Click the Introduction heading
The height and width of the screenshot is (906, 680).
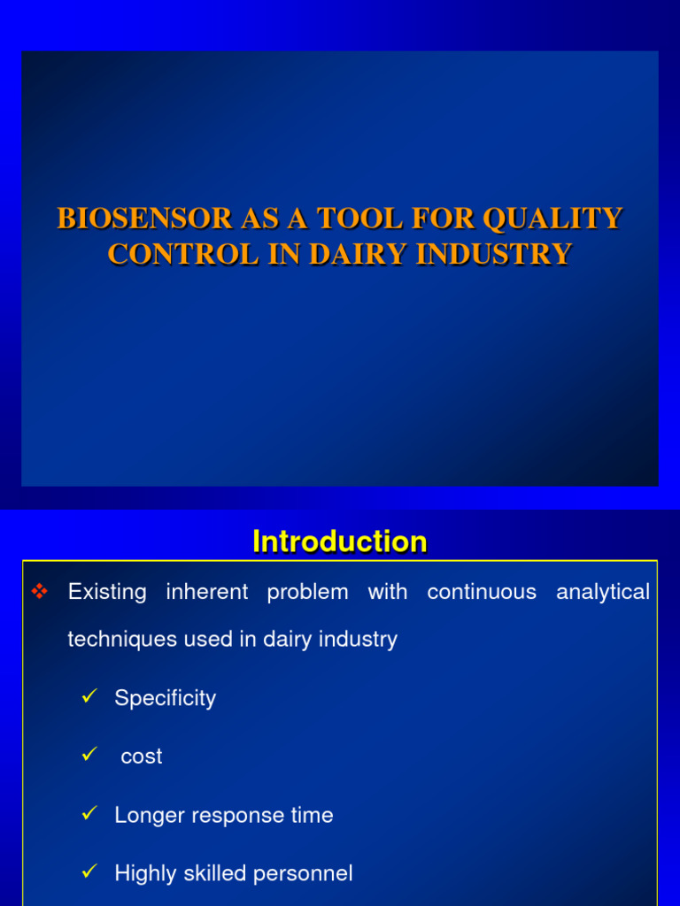[x=340, y=541]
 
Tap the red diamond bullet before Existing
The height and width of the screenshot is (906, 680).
[x=38, y=592]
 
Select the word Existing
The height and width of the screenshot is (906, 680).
[x=107, y=592]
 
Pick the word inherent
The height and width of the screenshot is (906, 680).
[x=206, y=592]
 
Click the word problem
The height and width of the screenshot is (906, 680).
[x=307, y=592]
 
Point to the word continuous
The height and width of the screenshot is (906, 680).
[x=482, y=592]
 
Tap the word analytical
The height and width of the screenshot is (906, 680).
[x=603, y=592]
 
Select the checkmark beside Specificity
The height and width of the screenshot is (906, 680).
[x=88, y=697]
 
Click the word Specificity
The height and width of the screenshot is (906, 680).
[x=165, y=698]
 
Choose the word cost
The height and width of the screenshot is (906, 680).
[x=142, y=756]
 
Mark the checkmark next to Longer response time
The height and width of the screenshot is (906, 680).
[x=88, y=814]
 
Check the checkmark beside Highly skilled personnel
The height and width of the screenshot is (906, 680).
[x=88, y=872]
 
